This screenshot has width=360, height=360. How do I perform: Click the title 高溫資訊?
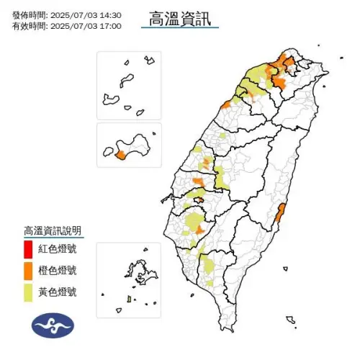180,19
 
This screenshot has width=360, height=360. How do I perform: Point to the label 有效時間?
29,26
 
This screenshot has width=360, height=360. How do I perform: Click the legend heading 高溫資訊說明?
53,231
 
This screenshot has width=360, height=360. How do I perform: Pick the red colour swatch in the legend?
27,249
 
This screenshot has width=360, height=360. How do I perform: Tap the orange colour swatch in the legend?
27,270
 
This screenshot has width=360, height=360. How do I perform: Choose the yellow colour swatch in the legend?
27,291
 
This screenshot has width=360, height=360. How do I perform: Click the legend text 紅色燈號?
58,250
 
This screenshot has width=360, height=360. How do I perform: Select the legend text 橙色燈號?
58,271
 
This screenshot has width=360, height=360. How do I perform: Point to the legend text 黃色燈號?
58,292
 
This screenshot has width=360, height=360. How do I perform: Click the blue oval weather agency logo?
53,325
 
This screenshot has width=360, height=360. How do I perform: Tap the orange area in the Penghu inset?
120,155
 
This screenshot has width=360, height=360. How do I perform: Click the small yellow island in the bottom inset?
128,299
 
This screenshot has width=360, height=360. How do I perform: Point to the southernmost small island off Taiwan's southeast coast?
290,319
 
